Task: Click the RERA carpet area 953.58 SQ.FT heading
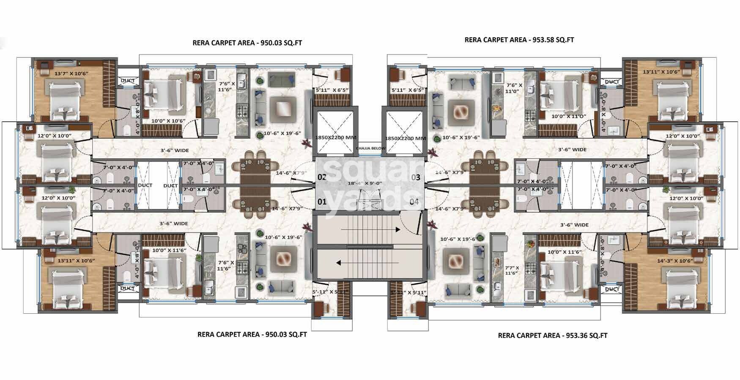pyautogui.click(x=519, y=40)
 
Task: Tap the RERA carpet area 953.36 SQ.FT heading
pyautogui.click(x=552, y=335)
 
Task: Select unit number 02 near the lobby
pyautogui.click(x=322, y=177)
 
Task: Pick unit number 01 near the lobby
pyautogui.click(x=322, y=202)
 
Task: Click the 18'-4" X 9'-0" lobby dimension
pyautogui.click(x=359, y=183)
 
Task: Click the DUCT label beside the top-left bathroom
pyautogui.click(x=127, y=81)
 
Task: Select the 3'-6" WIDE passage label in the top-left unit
pyautogui.click(x=174, y=150)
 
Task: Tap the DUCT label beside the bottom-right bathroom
pyautogui.click(x=612, y=289)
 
